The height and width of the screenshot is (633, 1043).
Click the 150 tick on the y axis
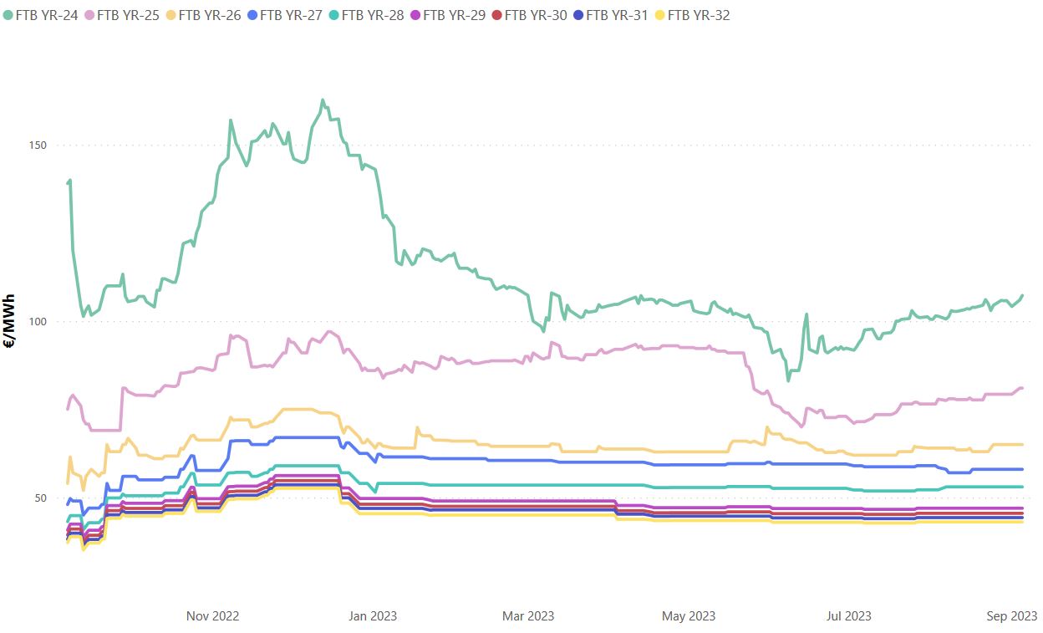(37, 145)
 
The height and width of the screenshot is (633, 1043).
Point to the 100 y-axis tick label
(37, 322)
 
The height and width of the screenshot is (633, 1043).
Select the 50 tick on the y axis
(39, 498)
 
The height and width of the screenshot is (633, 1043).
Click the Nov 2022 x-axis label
(212, 616)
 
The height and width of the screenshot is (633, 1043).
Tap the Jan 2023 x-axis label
(371, 616)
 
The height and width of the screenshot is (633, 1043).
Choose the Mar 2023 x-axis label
(527, 616)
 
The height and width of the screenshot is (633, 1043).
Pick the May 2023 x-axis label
(689, 616)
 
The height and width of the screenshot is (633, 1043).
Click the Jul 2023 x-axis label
(848, 616)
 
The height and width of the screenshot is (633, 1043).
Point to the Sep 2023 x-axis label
(1011, 616)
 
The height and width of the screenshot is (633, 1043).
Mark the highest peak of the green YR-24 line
(323, 100)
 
